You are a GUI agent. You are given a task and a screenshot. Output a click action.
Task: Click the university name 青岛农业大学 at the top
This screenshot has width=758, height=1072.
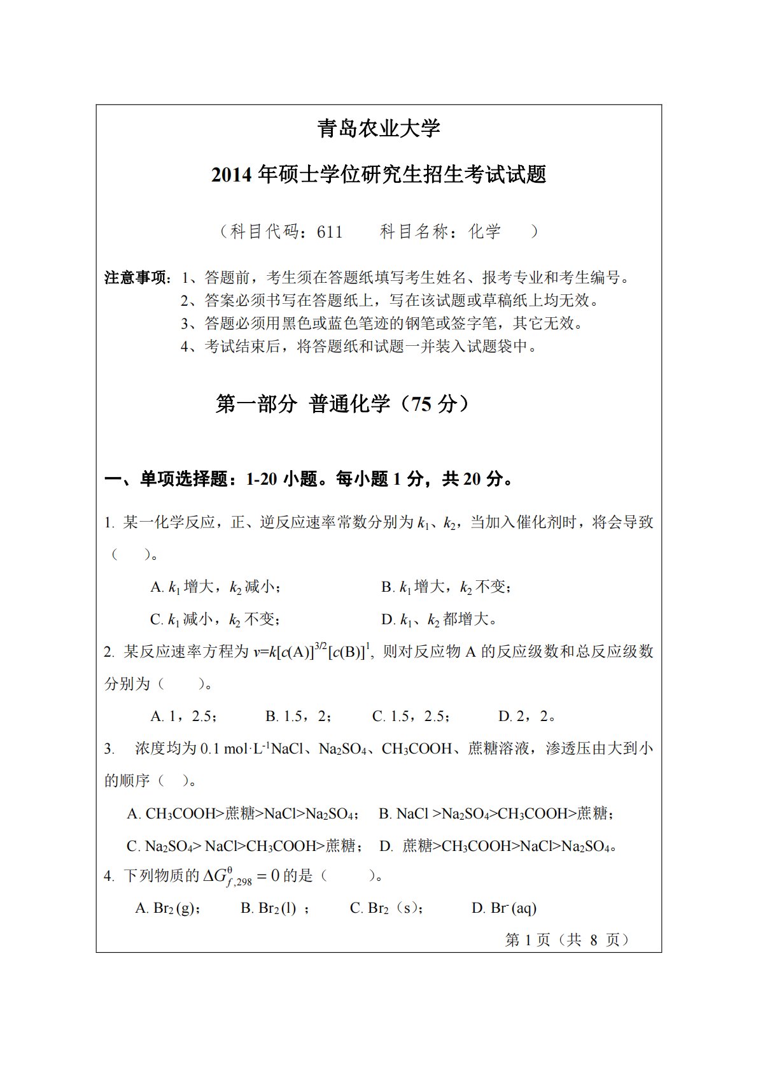tap(379, 129)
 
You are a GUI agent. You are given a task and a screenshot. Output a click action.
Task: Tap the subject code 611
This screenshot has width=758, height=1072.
tap(330, 231)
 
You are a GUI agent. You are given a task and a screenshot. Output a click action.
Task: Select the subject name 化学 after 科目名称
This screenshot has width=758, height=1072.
tap(485, 231)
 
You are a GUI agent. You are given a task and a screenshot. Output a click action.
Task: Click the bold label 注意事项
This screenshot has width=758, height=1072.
tap(137, 278)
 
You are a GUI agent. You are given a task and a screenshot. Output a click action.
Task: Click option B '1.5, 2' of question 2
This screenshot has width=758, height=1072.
tap(298, 717)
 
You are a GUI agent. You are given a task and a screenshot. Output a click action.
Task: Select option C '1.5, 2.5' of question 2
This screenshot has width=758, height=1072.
tap(411, 717)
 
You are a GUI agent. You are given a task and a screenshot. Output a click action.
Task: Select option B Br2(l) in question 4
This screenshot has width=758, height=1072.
tap(274, 908)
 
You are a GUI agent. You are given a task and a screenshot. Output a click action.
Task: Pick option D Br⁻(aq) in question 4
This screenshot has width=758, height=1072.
tap(504, 908)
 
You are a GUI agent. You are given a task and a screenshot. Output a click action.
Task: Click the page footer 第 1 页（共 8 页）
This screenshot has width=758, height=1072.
tap(567, 940)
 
